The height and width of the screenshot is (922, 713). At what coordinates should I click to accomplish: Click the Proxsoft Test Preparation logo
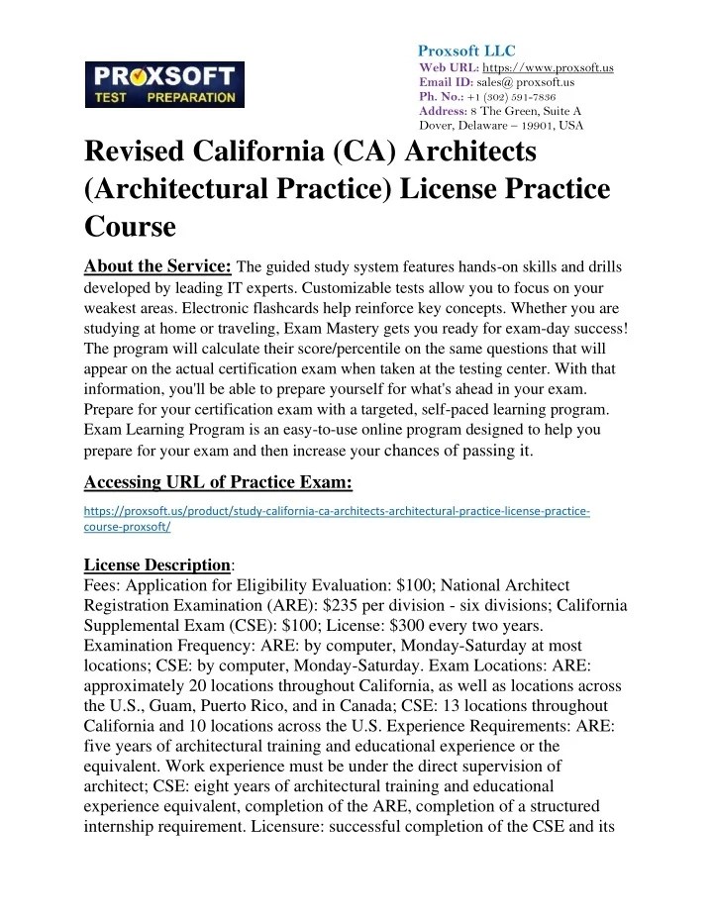coord(162,83)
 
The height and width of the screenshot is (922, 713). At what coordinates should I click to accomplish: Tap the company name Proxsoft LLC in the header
coord(466,51)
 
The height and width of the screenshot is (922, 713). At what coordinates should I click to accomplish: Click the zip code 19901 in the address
coord(536,127)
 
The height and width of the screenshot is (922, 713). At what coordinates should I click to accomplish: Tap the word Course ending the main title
coord(130,227)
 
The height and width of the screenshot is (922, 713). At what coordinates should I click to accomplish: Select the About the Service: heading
coord(158,265)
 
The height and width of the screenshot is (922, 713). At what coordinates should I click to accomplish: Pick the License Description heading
coord(156,563)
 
